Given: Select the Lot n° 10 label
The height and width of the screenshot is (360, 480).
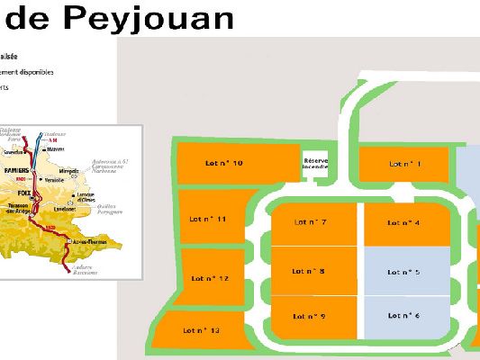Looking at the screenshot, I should coord(224,163).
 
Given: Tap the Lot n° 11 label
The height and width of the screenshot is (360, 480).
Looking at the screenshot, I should coord(208,219).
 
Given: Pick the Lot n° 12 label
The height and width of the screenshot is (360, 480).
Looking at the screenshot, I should coord(211,278).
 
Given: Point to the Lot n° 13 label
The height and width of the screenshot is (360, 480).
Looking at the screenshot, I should coord(202,330).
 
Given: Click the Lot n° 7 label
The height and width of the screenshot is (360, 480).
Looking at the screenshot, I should coord(310,222).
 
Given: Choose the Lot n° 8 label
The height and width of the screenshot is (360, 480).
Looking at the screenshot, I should coord(310,270).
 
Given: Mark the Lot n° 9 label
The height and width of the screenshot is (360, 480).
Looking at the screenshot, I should coord(310,315).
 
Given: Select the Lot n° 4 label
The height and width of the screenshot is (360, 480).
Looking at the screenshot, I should coord(405,222).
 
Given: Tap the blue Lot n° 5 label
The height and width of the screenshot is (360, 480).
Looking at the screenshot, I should coord(405,270).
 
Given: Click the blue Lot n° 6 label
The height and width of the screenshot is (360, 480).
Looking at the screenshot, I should coord(405,315).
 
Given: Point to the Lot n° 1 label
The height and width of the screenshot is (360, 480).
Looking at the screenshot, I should coord(405,164).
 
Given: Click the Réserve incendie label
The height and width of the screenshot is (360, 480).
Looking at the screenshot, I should coord(316,163).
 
